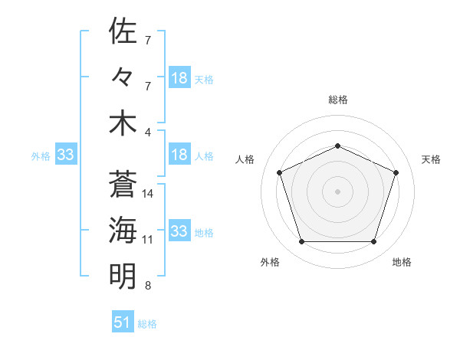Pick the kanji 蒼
click(123, 185)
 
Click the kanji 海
click(123, 230)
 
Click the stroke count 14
click(149, 194)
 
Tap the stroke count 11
click(148, 240)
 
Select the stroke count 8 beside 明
click(148, 286)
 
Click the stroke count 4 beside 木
click(148, 132)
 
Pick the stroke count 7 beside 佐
click(148, 40)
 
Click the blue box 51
click(123, 322)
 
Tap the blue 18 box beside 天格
click(179, 78)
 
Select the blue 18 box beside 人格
click(179, 155)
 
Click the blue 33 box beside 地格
click(179, 231)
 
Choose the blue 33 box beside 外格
click(66, 155)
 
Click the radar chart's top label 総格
click(338, 100)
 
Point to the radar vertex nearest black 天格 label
click(396, 172)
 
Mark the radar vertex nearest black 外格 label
click(301, 242)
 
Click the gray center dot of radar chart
click(338, 191)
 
